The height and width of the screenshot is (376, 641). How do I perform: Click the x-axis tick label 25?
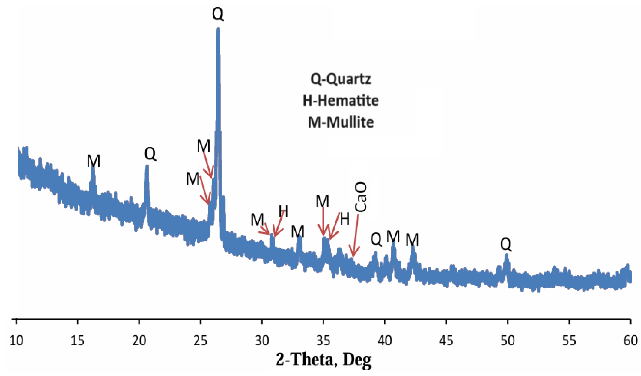(x=200, y=341)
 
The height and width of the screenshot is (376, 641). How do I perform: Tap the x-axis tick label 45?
(x=446, y=341)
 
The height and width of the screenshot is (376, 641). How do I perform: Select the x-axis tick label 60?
(x=630, y=341)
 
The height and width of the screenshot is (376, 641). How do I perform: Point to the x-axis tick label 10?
(x=16, y=341)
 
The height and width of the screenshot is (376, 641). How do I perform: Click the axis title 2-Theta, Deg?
(x=323, y=360)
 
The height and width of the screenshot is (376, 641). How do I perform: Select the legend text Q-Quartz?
(x=340, y=79)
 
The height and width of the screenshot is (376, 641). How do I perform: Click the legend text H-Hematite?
(x=340, y=101)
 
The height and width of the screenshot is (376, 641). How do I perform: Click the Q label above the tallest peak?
(x=218, y=14)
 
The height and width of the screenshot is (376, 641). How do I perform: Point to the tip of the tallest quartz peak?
(x=218, y=29)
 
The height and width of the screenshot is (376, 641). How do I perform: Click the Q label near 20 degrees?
(x=150, y=154)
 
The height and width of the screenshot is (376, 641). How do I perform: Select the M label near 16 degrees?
(x=93, y=161)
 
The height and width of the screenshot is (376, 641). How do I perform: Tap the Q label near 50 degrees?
(x=506, y=244)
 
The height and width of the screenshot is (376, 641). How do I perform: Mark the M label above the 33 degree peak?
(x=297, y=232)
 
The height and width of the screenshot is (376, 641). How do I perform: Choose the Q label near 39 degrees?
(x=376, y=239)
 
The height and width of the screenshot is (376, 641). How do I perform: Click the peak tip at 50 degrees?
(x=506, y=255)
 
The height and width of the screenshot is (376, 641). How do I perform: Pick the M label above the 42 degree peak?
(x=412, y=240)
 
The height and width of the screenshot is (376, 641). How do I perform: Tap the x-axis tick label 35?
(x=323, y=341)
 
